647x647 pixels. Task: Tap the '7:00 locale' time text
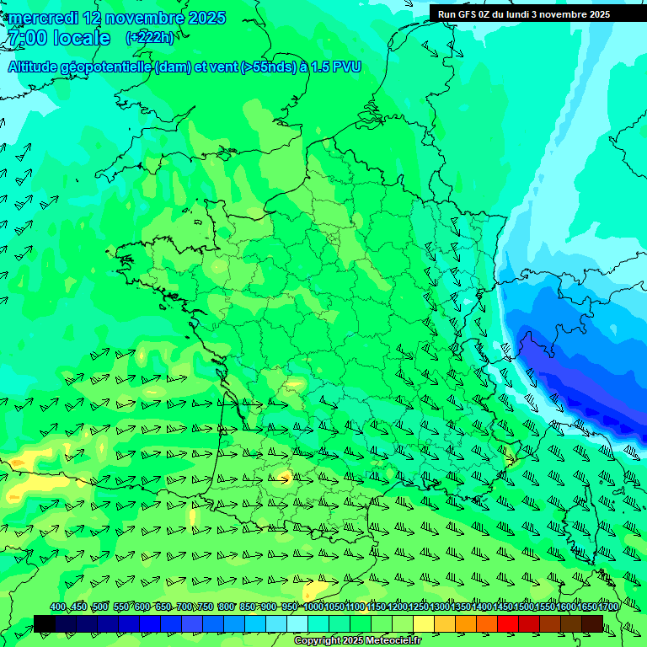[58, 38]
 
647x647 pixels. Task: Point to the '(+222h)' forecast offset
[149, 38]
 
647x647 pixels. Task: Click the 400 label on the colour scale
[58, 607]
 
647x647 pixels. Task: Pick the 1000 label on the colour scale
[313, 607]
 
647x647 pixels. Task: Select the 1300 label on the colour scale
[440, 607]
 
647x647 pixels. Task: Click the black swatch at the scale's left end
[45, 623]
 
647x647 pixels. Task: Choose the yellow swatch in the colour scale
[424, 623]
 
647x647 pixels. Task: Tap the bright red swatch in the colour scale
[508, 623]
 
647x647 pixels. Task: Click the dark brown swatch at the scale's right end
[592, 623]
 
